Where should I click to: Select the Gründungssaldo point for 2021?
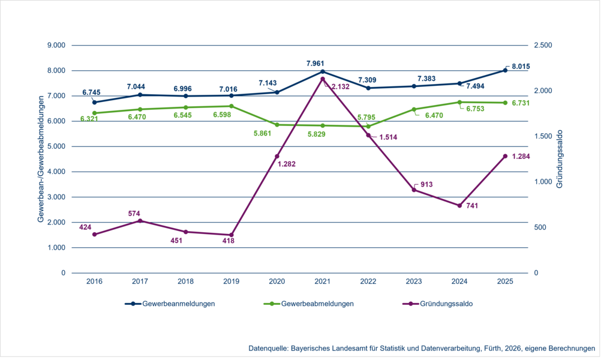(323, 79)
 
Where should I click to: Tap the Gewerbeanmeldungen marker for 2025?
(505, 70)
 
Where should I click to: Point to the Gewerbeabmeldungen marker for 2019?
(232, 106)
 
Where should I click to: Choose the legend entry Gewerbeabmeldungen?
(308, 304)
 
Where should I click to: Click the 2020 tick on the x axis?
(277, 281)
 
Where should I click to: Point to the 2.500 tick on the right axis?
(543, 46)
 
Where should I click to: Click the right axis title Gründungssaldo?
(559, 159)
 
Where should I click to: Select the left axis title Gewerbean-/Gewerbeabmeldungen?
(41, 159)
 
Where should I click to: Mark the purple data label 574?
(134, 213)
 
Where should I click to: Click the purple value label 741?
(473, 206)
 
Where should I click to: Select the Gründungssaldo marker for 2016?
(95, 234)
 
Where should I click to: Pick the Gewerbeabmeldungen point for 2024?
(459, 102)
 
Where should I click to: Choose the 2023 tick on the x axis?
(414, 281)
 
